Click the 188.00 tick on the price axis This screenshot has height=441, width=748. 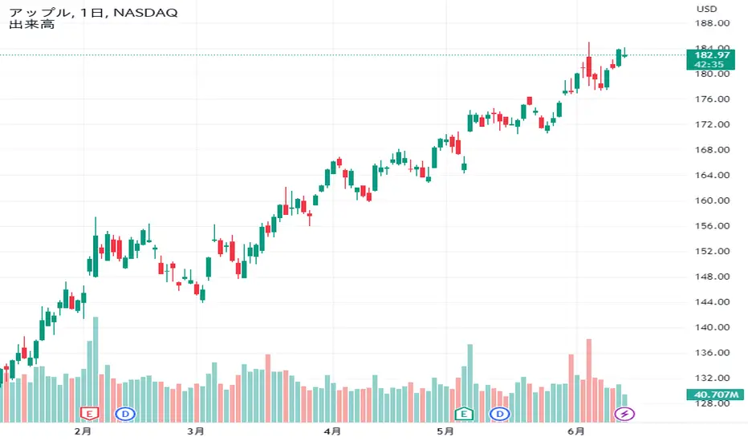(712, 23)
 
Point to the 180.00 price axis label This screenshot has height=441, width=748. (712, 74)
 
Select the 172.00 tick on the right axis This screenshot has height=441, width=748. (712, 125)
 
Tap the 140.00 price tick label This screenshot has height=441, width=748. (712, 328)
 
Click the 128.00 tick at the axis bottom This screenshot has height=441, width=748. (712, 404)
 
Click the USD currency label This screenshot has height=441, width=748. (706, 9)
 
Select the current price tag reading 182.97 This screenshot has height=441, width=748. (711, 54)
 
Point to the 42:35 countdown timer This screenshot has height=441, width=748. (711, 64)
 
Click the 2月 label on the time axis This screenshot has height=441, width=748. (82, 431)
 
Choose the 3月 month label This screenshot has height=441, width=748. (195, 431)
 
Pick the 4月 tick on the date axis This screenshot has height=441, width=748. (331, 431)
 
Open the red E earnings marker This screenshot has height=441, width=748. (90, 414)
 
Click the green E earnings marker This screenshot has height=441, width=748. (463, 414)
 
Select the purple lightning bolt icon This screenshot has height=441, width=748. (624, 414)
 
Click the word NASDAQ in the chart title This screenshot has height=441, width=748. (150, 12)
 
